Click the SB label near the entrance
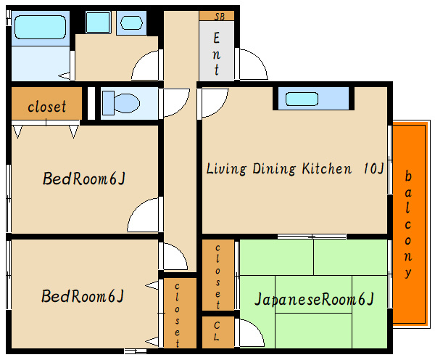point(220,17)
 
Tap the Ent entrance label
point(217,54)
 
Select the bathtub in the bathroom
point(40,27)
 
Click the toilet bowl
point(121,103)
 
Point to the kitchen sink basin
point(302,99)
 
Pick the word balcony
point(407,225)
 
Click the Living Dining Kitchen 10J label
point(295,168)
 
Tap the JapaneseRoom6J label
point(314,299)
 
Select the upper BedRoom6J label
point(84,179)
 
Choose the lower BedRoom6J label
point(83,296)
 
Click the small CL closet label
point(217,331)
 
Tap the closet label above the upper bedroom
point(47,107)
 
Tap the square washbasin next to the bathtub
point(98,22)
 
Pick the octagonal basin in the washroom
point(131,22)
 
